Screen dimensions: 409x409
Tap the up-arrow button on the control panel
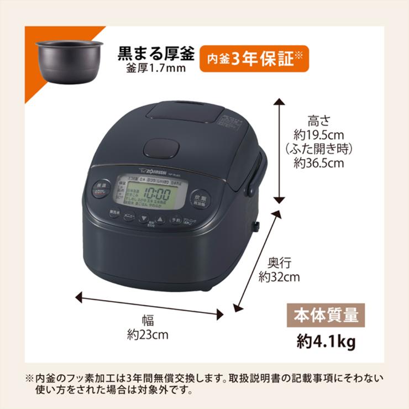(x=160, y=220)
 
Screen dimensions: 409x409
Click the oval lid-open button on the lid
(x=161, y=148)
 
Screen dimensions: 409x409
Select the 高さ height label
(x=319, y=120)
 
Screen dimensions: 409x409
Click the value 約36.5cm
(x=319, y=163)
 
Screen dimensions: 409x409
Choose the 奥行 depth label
(x=280, y=263)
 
